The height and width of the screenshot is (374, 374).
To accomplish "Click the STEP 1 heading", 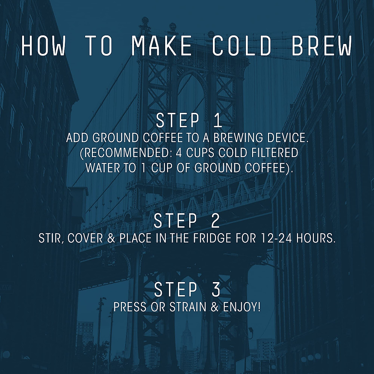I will pos(189,121).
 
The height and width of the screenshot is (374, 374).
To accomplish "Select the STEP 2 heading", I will pos(187,221).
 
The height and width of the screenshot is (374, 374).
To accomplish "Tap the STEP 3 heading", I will pos(187,290).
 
